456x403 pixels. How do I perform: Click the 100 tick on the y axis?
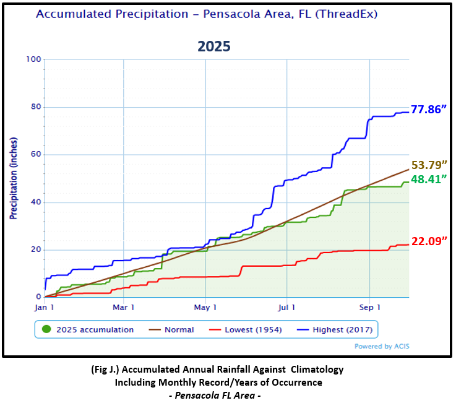pos(33,59)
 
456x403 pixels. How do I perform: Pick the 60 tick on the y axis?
pos(36,155)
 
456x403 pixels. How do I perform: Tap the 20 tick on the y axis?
pos(36,250)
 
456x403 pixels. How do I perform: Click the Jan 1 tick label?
pos(45,306)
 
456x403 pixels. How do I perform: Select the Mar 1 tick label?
pos(124,306)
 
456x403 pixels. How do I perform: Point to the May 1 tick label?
pos(205,306)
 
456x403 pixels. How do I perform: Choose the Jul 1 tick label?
pos(287,306)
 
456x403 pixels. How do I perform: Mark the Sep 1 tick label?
pos(369,306)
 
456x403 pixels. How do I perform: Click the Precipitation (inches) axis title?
pos(12,178)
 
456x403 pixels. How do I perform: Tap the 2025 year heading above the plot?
pos(214,46)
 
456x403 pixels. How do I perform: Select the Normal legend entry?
pos(179,330)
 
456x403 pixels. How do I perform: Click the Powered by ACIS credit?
pos(381,347)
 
